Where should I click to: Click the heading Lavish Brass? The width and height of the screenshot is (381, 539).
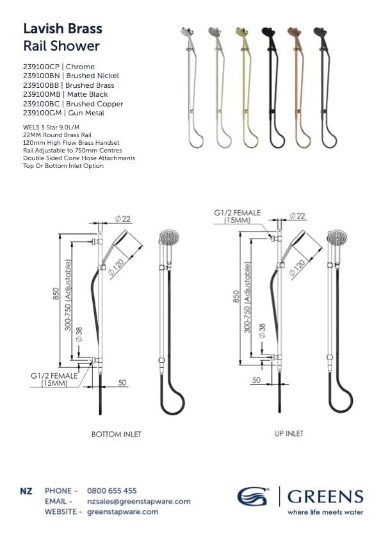[62, 29]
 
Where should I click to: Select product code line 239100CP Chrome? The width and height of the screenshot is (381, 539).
[58, 67]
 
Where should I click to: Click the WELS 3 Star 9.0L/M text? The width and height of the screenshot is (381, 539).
[54, 128]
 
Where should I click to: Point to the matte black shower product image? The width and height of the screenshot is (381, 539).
[269, 86]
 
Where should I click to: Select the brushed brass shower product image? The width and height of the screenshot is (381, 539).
[243, 86]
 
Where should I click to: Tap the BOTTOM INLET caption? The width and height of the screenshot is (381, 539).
[116, 434]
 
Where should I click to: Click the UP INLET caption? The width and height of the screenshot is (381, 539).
[289, 434]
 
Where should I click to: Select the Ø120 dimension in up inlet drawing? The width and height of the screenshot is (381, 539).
[298, 267]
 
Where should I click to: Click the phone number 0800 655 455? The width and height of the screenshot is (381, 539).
[113, 491]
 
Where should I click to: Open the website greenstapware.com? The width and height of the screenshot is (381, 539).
[123, 511]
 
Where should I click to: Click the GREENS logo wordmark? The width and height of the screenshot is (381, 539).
[325, 496]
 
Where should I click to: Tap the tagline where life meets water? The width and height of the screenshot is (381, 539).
[325, 512]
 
